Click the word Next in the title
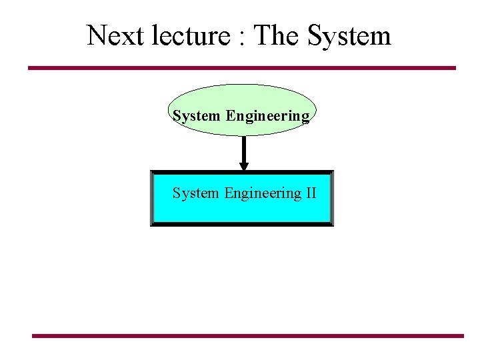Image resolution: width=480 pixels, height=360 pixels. point(109,35)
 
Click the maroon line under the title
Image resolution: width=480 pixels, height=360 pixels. point(241,68)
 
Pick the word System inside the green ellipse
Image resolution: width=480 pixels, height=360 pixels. point(196,116)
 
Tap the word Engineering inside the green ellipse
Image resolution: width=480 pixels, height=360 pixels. point(267,117)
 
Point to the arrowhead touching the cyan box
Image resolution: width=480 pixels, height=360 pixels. point(244,166)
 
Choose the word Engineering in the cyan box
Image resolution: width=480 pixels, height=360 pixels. point(263,194)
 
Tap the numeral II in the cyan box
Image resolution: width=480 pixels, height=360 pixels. point(311,193)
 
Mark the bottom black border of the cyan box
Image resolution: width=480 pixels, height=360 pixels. point(241,224)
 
